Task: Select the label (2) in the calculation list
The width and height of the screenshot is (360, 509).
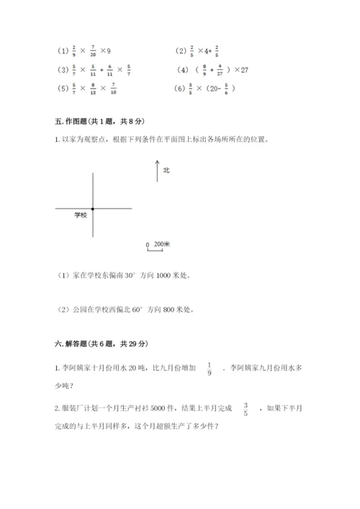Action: tap(180, 51)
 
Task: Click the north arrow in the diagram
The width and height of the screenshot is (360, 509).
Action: tap(157, 171)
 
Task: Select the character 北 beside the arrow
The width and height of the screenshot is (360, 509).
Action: tap(166, 171)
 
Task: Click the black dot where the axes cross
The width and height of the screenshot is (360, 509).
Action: tap(93, 209)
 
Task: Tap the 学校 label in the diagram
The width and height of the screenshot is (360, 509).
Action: tap(80, 215)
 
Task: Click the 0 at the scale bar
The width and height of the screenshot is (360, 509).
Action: tap(148, 245)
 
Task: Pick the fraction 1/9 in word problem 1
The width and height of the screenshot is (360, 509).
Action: tap(209, 367)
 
